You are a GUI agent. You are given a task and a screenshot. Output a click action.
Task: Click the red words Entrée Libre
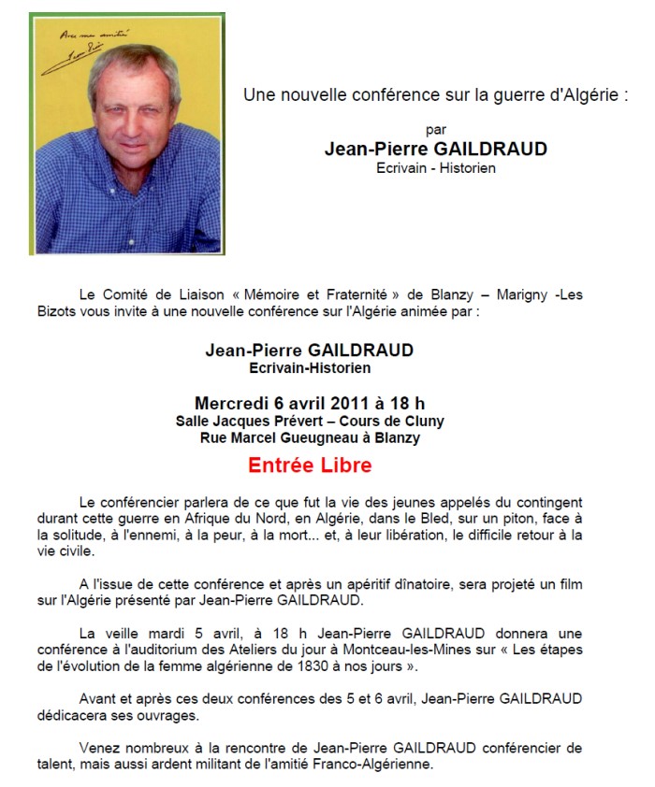(x=310, y=465)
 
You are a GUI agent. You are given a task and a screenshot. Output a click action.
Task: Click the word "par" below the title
(x=434, y=130)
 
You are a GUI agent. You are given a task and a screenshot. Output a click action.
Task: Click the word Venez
(x=101, y=749)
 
